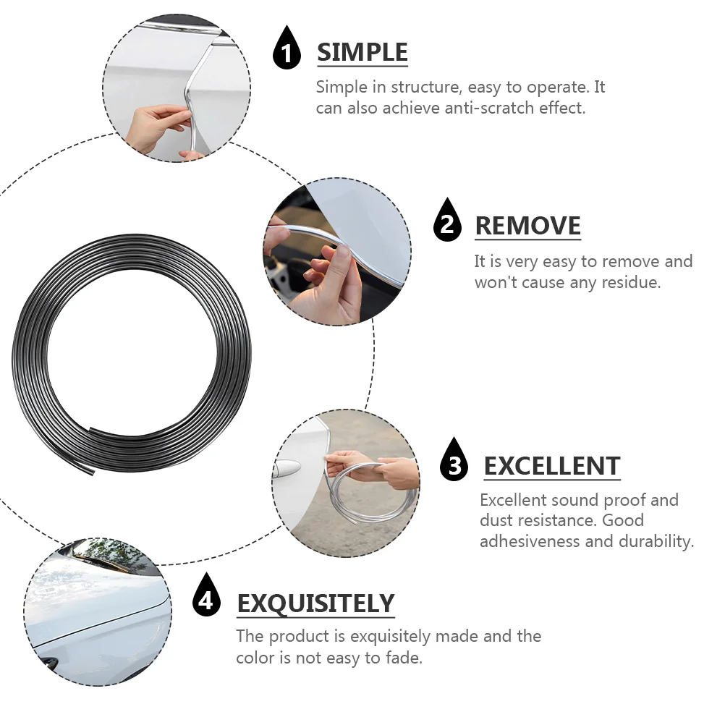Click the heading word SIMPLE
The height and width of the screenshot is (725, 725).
pyautogui.click(x=362, y=52)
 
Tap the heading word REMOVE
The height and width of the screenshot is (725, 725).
pyautogui.click(x=527, y=226)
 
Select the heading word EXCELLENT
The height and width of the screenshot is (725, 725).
pyautogui.click(x=551, y=466)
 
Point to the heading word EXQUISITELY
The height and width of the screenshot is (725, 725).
pyautogui.click(x=315, y=603)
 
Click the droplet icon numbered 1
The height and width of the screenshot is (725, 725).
pyautogui.click(x=287, y=47)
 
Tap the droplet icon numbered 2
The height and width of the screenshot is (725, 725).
pyautogui.click(x=447, y=220)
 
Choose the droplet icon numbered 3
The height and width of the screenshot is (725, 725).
pyautogui.click(x=454, y=459)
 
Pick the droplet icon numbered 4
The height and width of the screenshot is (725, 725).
pyautogui.click(x=206, y=595)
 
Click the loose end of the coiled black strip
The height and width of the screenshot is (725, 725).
pyautogui.click(x=91, y=472)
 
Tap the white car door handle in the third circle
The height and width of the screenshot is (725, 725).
pyautogui.click(x=287, y=470)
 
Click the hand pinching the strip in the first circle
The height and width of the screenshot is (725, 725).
pyautogui.click(x=157, y=127)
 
